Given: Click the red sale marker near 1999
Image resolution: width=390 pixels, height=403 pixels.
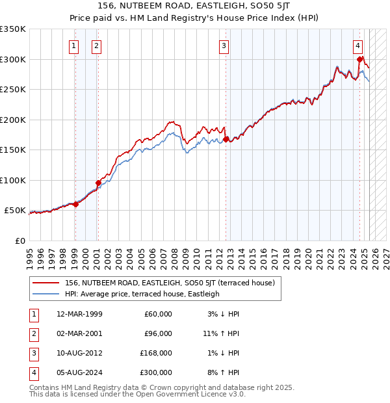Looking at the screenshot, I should (75, 204).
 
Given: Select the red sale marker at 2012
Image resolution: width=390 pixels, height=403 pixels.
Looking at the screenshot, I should (226, 139).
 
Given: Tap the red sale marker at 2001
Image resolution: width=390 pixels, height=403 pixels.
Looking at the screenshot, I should (97, 183).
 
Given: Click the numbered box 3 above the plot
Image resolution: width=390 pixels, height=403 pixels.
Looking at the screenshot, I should (224, 45).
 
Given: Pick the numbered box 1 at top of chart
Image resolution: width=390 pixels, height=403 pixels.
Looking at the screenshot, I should (73, 45).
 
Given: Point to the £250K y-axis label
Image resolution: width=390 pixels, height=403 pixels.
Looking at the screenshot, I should (12, 89).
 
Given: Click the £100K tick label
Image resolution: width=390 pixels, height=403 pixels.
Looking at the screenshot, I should (12, 180).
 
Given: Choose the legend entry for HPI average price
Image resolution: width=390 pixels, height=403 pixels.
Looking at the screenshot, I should (142, 294).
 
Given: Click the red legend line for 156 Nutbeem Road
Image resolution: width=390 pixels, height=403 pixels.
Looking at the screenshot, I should (45, 283).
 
